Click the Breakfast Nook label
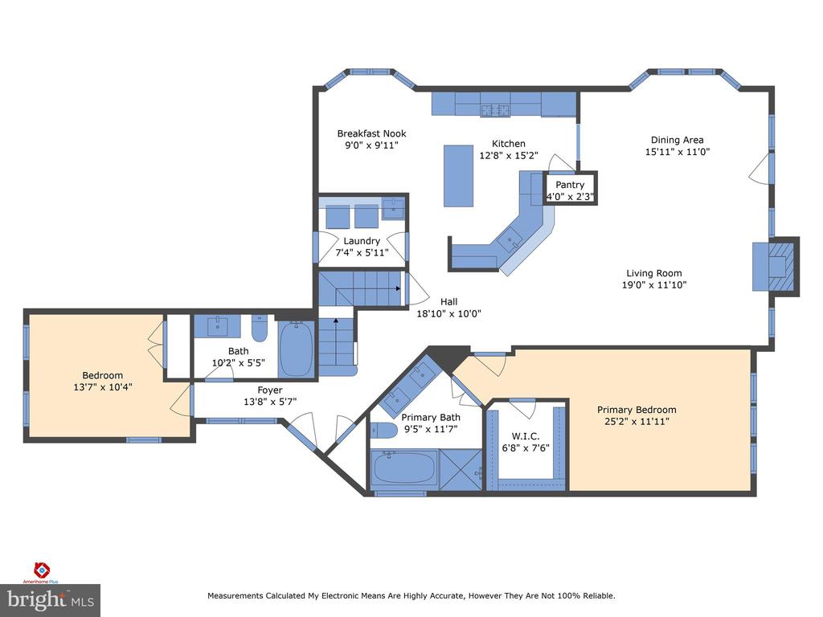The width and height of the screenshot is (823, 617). (371, 133)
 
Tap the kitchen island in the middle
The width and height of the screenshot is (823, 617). (458, 175)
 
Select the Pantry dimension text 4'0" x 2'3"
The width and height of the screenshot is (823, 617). (571, 196)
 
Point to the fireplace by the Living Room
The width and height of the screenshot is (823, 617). (775, 265)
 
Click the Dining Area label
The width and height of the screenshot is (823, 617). (677, 140)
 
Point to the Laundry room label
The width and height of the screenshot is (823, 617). (362, 241)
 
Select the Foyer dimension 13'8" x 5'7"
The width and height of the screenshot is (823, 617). (270, 402)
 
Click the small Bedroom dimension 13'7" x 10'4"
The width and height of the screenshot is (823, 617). (103, 386)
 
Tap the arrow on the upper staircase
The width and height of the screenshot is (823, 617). (395, 288)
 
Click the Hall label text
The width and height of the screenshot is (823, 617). (448, 302)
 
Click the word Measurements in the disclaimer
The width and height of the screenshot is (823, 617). (235, 596)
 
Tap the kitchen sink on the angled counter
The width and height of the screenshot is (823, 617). (510, 239)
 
